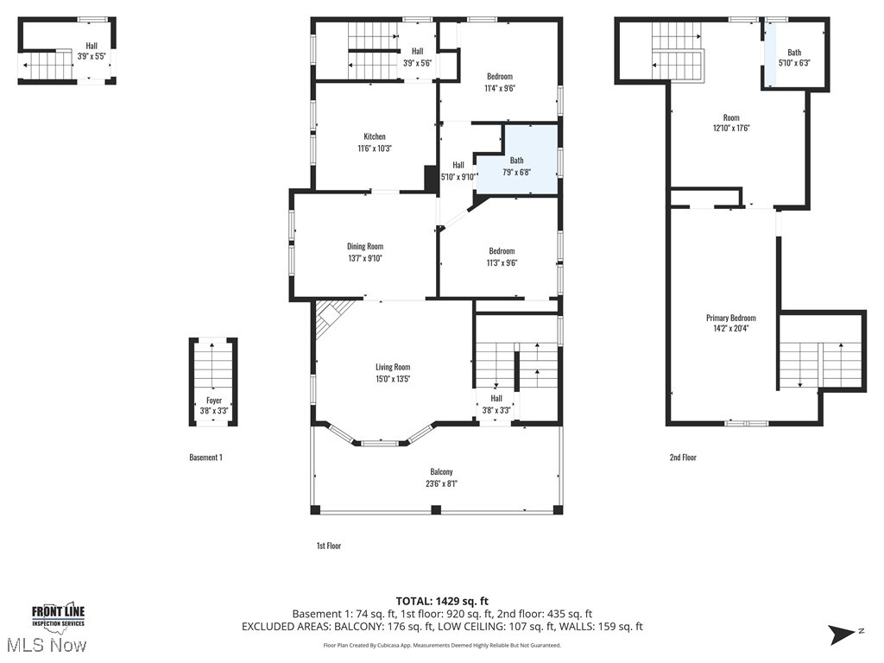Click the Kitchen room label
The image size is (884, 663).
click(x=375, y=137)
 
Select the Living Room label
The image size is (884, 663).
click(x=392, y=367)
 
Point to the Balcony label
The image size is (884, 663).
click(x=441, y=472)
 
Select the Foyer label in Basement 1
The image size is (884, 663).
click(x=213, y=401)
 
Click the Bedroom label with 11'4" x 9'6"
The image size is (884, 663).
click(x=499, y=76)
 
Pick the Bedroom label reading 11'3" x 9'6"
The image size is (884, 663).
click(x=501, y=251)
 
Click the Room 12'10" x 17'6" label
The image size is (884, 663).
click(x=730, y=118)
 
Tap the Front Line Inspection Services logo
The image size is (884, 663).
click(x=58, y=615)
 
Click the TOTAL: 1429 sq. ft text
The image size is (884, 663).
click(x=442, y=601)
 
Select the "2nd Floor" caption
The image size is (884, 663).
click(x=682, y=458)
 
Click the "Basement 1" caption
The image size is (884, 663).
click(x=205, y=458)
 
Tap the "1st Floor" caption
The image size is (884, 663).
click(x=328, y=546)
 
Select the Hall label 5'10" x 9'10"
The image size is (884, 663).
click(x=458, y=171)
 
